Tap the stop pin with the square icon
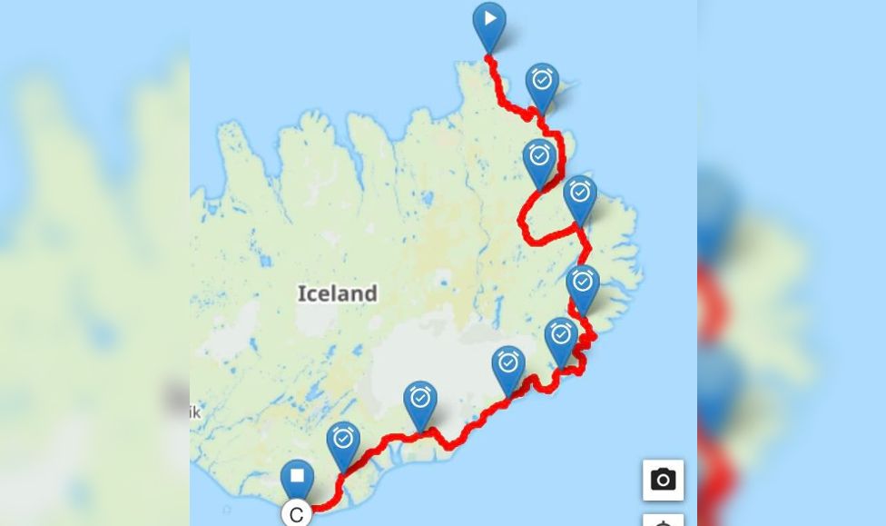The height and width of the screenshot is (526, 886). pyautogui.click(x=297, y=478)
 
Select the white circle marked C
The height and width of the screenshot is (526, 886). pyautogui.click(x=297, y=514)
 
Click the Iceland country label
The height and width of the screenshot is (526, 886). pyautogui.click(x=337, y=293)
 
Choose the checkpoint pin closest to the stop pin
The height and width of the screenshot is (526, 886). pyautogui.click(x=343, y=441)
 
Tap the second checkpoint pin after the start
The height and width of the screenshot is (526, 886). pyautogui.click(x=539, y=158)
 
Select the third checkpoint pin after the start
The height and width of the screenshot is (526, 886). pyautogui.click(x=580, y=194)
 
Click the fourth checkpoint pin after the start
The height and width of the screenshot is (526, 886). pyautogui.click(x=583, y=284)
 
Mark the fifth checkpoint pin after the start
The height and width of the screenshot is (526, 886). pyautogui.click(x=561, y=337)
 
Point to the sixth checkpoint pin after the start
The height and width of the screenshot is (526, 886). pyautogui.click(x=508, y=366)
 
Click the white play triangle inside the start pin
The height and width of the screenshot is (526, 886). pyautogui.click(x=490, y=18)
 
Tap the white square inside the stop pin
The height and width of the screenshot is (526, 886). pyautogui.click(x=297, y=475)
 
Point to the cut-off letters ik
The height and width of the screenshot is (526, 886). pyautogui.click(x=194, y=412)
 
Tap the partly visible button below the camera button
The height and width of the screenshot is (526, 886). pyautogui.click(x=664, y=520)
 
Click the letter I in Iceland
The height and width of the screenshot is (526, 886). pyautogui.click(x=301, y=293)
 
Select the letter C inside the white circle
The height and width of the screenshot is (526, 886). pyautogui.click(x=297, y=515)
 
